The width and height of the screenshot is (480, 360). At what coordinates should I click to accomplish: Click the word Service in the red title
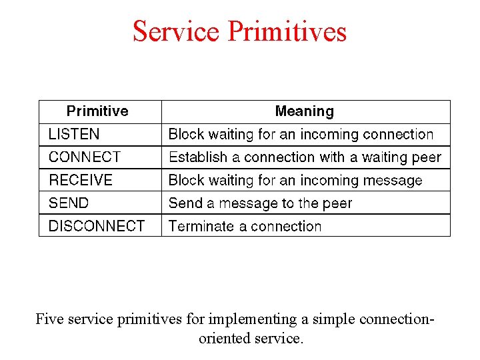pos(177,31)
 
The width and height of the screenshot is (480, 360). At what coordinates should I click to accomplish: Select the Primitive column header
pos(97,111)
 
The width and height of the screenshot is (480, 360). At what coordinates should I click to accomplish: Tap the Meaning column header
pos(305,111)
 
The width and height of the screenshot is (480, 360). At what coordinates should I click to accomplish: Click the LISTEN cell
pos(74,135)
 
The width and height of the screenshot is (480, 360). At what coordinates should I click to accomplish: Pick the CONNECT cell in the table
pos(85,157)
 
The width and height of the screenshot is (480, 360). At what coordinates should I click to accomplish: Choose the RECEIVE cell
pos(81,180)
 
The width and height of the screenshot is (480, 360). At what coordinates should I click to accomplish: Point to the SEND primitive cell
pos(69,203)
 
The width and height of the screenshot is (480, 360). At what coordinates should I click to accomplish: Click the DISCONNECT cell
pos(97,226)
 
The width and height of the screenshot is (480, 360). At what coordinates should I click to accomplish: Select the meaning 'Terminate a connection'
pos(245,226)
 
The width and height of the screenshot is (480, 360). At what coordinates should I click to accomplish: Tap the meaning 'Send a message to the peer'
pos(260,203)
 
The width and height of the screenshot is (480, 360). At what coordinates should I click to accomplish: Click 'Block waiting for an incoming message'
pos(295,180)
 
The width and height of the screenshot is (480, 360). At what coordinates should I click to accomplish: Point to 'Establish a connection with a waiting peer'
pos(305,157)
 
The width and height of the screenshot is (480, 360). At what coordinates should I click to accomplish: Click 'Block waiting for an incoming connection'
pos(301,135)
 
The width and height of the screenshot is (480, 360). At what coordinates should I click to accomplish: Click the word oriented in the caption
pos(224,338)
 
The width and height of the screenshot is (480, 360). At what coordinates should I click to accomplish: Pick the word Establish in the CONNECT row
pos(195,157)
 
